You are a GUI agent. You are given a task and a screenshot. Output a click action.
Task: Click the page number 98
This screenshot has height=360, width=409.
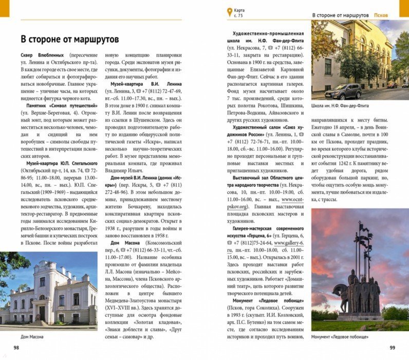coord(16,348)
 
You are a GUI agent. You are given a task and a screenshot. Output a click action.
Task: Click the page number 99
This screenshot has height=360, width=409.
coord(393,348)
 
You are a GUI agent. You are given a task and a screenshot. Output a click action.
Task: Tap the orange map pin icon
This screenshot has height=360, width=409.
coord(229,12)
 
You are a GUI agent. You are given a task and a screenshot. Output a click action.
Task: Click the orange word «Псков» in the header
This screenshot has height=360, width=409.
coord(381,15)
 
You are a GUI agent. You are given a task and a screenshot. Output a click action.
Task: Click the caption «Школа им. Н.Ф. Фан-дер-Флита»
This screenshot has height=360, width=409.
coord(340,106)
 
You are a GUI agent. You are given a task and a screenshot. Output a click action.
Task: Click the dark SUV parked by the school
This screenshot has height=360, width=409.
coord(344,92)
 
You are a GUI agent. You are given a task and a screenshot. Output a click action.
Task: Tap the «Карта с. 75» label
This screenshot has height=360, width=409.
coord(239,13)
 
